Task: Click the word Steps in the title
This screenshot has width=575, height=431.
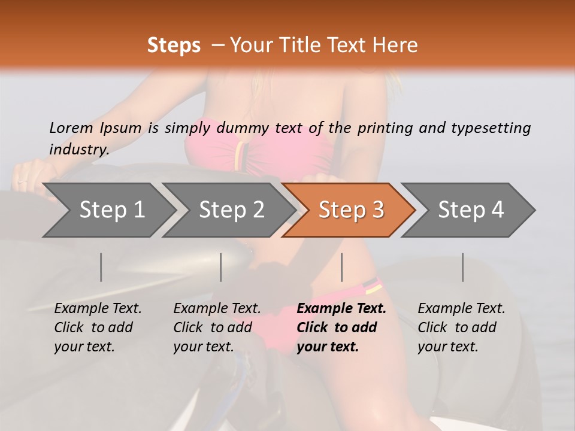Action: tap(174, 45)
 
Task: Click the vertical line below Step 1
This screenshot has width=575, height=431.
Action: tap(101, 267)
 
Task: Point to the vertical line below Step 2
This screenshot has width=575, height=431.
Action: tap(221, 267)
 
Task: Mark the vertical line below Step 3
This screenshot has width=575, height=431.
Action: tap(342, 267)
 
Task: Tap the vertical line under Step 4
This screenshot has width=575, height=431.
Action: tap(462, 267)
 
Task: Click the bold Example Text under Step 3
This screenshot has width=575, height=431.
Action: tap(341, 309)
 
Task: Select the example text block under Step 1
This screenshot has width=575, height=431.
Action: tap(98, 327)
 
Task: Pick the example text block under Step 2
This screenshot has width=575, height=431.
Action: tap(217, 327)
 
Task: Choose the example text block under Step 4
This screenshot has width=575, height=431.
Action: tap(461, 327)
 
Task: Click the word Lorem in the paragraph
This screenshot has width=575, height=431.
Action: tap(71, 128)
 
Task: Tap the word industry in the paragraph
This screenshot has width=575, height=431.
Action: tap(78, 150)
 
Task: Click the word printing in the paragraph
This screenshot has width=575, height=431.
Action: tap(385, 128)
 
